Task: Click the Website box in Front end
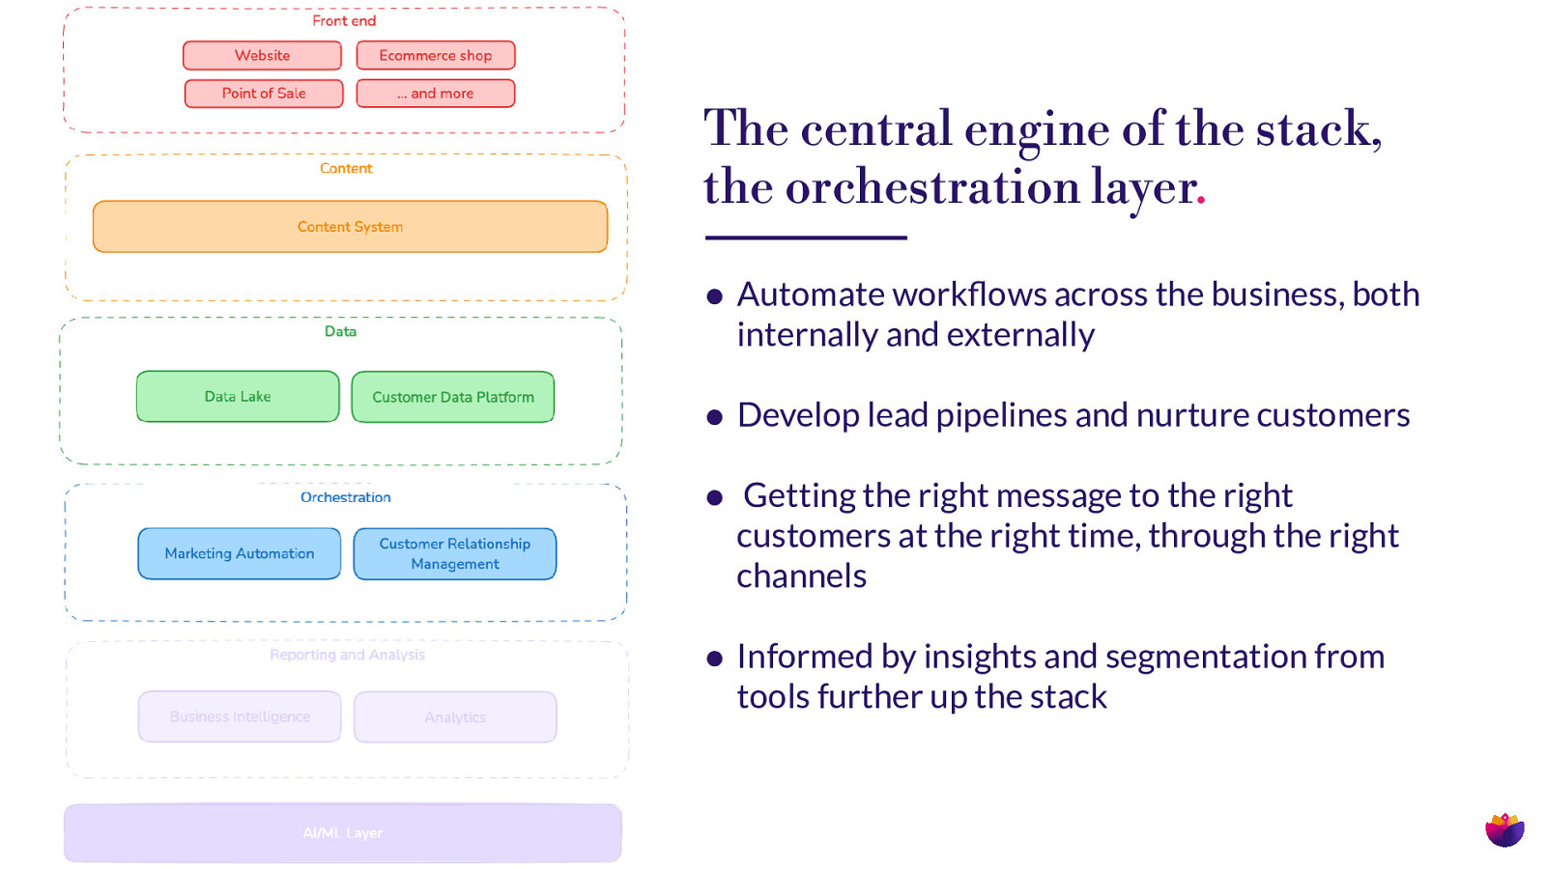click(262, 56)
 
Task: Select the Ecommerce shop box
click(435, 56)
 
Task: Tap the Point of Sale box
click(264, 94)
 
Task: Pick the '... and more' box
click(435, 94)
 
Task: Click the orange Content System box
click(350, 227)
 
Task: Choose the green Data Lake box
click(238, 397)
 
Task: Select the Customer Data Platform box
click(452, 397)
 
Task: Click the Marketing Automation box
click(239, 553)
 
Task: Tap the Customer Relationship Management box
click(454, 553)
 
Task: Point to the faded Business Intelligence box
click(240, 716)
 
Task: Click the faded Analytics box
click(454, 716)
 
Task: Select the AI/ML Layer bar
click(342, 832)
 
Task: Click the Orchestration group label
click(345, 497)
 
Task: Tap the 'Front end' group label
click(344, 21)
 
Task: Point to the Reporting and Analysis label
click(347, 655)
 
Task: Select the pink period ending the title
click(1201, 201)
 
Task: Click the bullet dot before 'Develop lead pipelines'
click(715, 417)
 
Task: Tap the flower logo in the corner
click(1504, 828)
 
